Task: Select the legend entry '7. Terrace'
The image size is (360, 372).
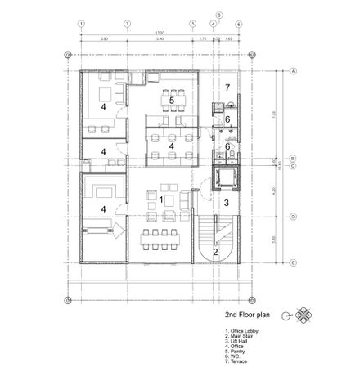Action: coord(236,361)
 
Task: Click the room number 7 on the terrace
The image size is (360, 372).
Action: coord(228,87)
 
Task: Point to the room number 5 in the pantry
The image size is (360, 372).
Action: coord(172,100)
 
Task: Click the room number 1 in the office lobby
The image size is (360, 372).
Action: coord(161,199)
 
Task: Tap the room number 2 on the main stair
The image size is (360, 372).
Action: coord(215,252)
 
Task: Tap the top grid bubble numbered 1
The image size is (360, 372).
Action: coord(81,24)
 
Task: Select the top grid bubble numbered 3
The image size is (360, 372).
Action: coord(192,24)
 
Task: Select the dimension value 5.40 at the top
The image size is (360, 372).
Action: coord(160,38)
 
